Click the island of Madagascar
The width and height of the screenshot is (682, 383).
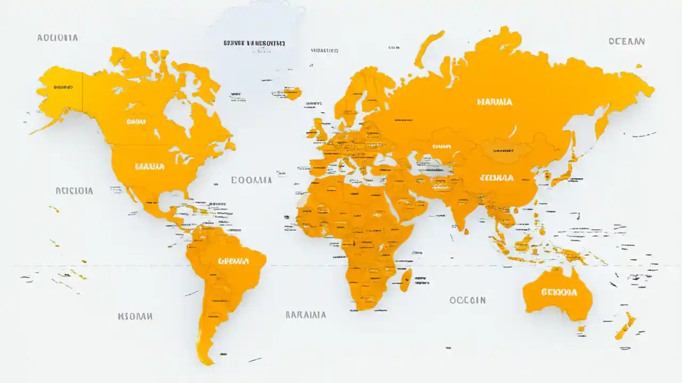pos(406,279)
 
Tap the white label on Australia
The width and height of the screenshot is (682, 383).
pos(559,292)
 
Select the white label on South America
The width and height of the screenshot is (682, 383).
pos(233,261)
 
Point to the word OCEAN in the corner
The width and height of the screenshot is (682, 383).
pos(627,41)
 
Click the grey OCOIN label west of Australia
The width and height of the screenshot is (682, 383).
pos(467,300)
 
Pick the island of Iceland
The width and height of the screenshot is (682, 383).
pos(292,94)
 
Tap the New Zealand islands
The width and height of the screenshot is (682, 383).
pos(626,326)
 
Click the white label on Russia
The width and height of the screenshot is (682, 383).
pos(495,102)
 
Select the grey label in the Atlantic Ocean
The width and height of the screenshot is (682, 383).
pos(251,180)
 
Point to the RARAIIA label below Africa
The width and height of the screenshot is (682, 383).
pos(306,314)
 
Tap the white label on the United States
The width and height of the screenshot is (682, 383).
pos(150,166)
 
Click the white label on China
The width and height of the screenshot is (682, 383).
pos(497,178)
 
